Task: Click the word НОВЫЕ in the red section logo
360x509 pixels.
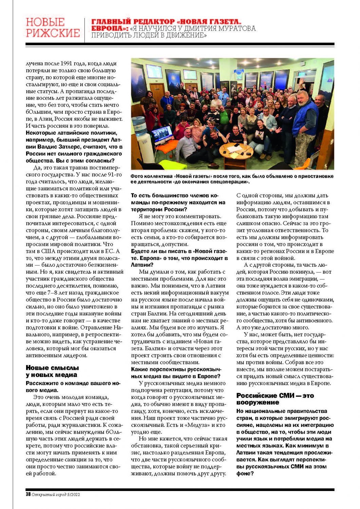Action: point(45,22)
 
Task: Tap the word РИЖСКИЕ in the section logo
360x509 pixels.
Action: point(53,33)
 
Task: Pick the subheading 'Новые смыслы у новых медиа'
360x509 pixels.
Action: point(52,371)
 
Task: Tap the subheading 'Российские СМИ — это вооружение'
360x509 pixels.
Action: point(275,399)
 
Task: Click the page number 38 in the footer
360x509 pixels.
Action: point(28,494)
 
